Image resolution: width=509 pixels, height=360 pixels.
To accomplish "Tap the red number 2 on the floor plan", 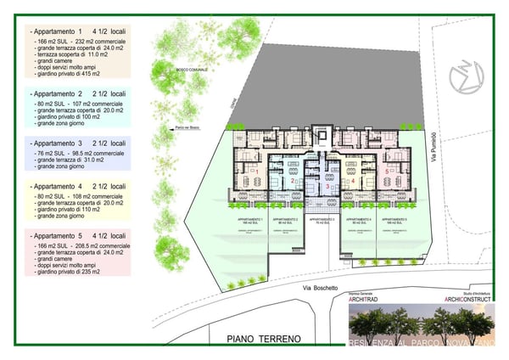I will [292, 180].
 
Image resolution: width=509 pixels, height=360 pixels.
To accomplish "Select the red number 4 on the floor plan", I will [352, 180].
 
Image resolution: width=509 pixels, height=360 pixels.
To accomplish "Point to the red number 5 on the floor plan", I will [388, 171].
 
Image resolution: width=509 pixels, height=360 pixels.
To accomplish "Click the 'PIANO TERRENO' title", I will [264, 339].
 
